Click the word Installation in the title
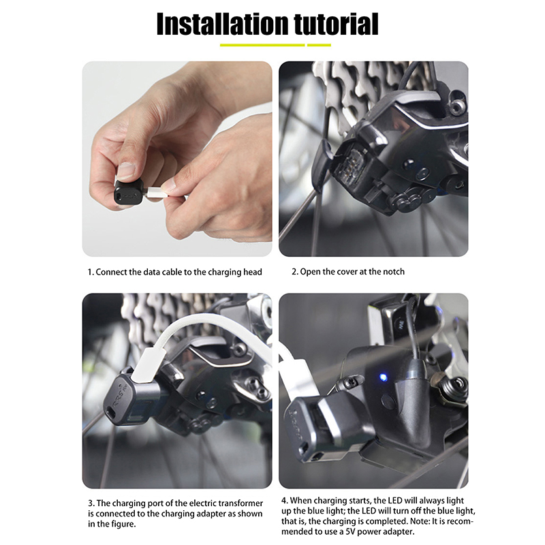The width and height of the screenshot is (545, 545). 223,24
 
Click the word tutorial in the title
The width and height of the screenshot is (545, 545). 336,24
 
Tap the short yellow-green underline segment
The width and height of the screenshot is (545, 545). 319,45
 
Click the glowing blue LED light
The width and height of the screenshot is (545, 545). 383,377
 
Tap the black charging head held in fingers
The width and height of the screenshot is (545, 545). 129,192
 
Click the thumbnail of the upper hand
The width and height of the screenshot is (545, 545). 126,171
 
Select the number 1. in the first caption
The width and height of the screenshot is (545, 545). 91,272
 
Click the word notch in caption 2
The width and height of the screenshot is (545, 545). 394,271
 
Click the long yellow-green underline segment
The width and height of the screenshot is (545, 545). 262,45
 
